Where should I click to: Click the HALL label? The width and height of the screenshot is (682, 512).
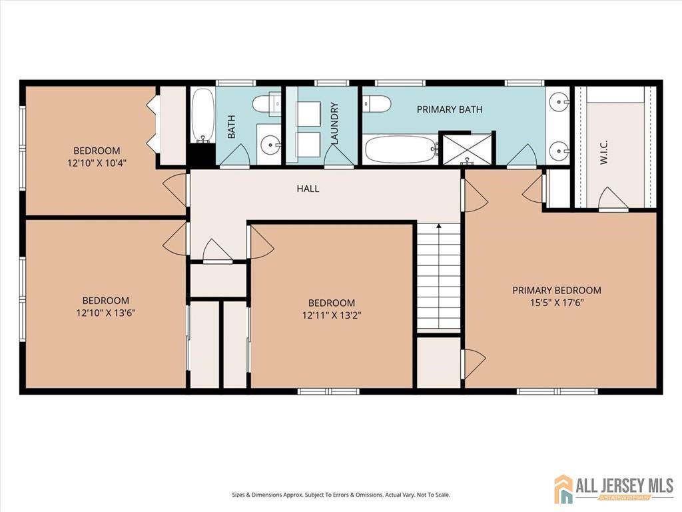click(x=308, y=189)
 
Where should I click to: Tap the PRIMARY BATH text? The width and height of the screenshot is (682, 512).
click(x=450, y=109)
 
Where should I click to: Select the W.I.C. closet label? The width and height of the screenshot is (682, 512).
click(x=603, y=153)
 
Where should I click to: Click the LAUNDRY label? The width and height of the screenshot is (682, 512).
click(x=334, y=123)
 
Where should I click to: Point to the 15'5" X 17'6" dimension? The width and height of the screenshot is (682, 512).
click(x=557, y=303)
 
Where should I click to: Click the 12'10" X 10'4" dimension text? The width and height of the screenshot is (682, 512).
click(x=97, y=163)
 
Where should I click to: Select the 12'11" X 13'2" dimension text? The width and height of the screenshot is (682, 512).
click(x=332, y=315)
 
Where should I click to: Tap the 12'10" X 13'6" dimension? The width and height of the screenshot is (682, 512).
click(x=106, y=313)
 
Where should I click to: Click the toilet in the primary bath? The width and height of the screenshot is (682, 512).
click(x=377, y=103)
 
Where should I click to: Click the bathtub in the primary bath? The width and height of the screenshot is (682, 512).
click(x=400, y=149)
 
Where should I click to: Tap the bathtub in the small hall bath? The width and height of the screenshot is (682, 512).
click(x=202, y=115)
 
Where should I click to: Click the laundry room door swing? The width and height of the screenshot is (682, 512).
click(x=338, y=155)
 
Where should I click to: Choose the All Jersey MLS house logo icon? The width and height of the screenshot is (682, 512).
click(x=563, y=488)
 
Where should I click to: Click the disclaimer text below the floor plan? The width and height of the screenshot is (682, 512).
click(x=341, y=495)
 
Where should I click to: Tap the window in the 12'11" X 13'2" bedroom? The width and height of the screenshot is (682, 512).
click(x=328, y=391)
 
